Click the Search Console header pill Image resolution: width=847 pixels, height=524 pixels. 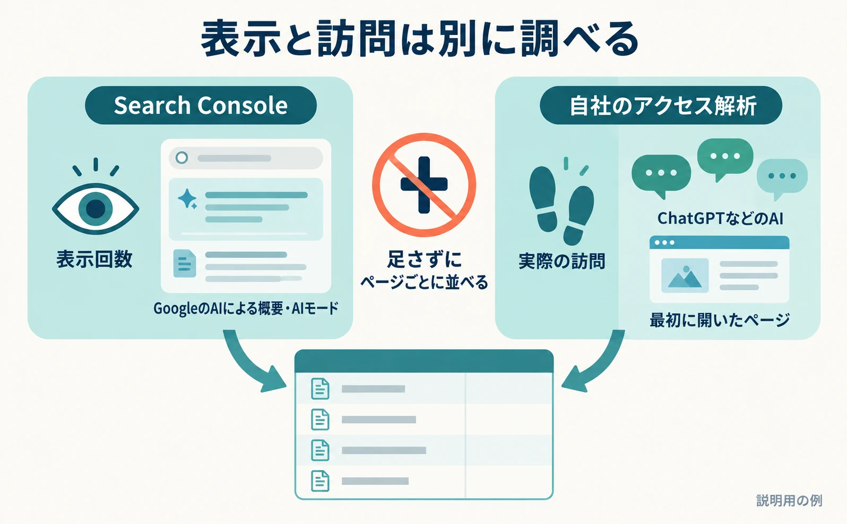pos(201,105)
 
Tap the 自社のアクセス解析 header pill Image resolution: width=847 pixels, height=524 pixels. pos(661,105)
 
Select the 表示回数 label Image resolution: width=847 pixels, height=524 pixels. pos(94,259)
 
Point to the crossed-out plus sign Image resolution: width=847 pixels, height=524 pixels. pos(424,185)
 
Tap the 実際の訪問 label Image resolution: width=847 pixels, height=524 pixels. pos(562,261)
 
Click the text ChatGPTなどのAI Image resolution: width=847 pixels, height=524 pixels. pos(720,218)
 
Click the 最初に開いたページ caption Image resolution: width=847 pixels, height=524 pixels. pos(720,320)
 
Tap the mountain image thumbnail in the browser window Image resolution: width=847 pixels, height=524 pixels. pos(685,276)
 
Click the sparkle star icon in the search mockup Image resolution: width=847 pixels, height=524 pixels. pos(187,199)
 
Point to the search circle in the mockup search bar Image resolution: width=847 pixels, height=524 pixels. pos(182,157)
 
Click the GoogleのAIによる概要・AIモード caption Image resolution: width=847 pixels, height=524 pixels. pos(246,309)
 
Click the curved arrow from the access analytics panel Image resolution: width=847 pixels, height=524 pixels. pos(598,367)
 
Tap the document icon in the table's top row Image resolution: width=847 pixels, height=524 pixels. pos(320,389)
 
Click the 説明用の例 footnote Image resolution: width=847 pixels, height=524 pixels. pos(789,501)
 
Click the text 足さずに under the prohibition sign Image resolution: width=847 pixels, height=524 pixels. pos(424,260)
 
